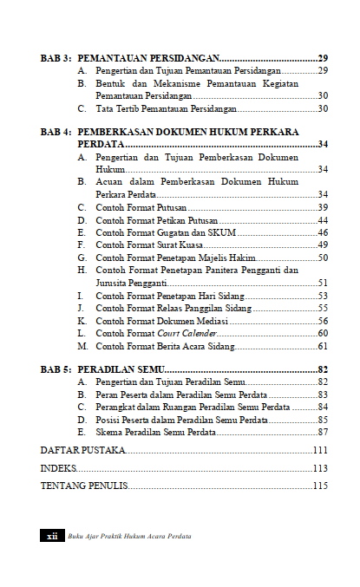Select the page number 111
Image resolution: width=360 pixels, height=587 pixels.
pos(319,451)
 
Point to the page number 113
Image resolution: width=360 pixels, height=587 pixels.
pos(319,468)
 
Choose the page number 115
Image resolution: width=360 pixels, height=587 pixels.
pos(319,486)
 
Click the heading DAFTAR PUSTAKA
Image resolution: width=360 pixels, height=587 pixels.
pos(83,451)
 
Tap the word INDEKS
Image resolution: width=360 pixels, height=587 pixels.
pos(58,468)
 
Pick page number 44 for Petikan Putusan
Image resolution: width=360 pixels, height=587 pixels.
pos(322,220)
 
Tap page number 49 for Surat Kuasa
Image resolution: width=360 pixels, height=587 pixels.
pos(322,245)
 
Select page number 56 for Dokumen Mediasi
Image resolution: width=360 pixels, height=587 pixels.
pos(322,320)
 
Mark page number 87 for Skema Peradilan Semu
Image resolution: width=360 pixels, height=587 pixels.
pos(322,432)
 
